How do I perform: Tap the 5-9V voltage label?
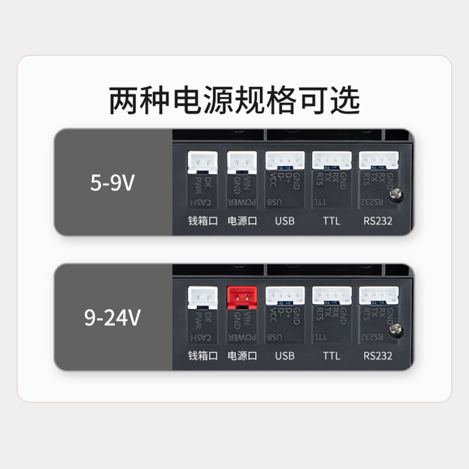[113, 183]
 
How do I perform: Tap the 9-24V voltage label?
[113, 318]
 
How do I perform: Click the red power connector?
[242, 297]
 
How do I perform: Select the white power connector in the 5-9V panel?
[242, 162]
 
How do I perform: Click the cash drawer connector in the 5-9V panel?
[202, 162]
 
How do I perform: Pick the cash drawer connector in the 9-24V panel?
[202, 297]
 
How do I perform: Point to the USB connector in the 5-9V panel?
[285, 161]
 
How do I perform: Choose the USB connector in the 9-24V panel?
[285, 295]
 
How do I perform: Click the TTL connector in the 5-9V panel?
[331, 161]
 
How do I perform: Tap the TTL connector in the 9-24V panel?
[331, 295]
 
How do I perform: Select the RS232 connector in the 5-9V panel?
[378, 161]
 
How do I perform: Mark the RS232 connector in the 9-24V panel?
[378, 295]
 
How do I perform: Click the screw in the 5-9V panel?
[396, 195]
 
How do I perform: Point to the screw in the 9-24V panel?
[396, 329]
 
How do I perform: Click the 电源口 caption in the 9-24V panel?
[242, 356]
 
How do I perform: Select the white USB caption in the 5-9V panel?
[284, 221]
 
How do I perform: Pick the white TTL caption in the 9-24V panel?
[331, 356]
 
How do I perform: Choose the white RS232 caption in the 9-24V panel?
[378, 356]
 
